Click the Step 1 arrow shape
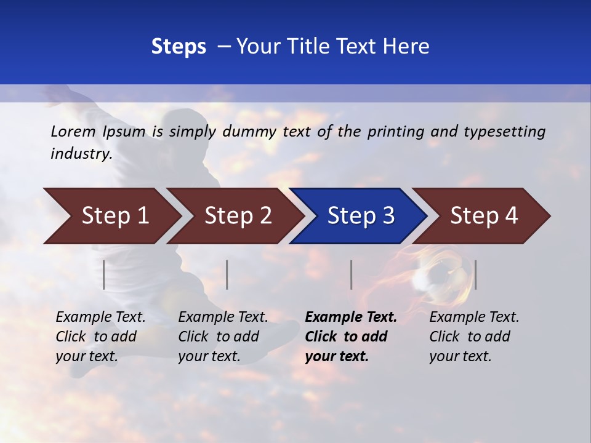111,216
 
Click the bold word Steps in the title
179,47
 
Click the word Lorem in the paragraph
73,131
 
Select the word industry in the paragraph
80,154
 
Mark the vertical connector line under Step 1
104,274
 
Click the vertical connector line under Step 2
227,274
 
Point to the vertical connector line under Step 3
351,274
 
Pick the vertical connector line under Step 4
475,274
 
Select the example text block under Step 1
100,337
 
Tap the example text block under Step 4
473,337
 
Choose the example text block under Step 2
222,337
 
